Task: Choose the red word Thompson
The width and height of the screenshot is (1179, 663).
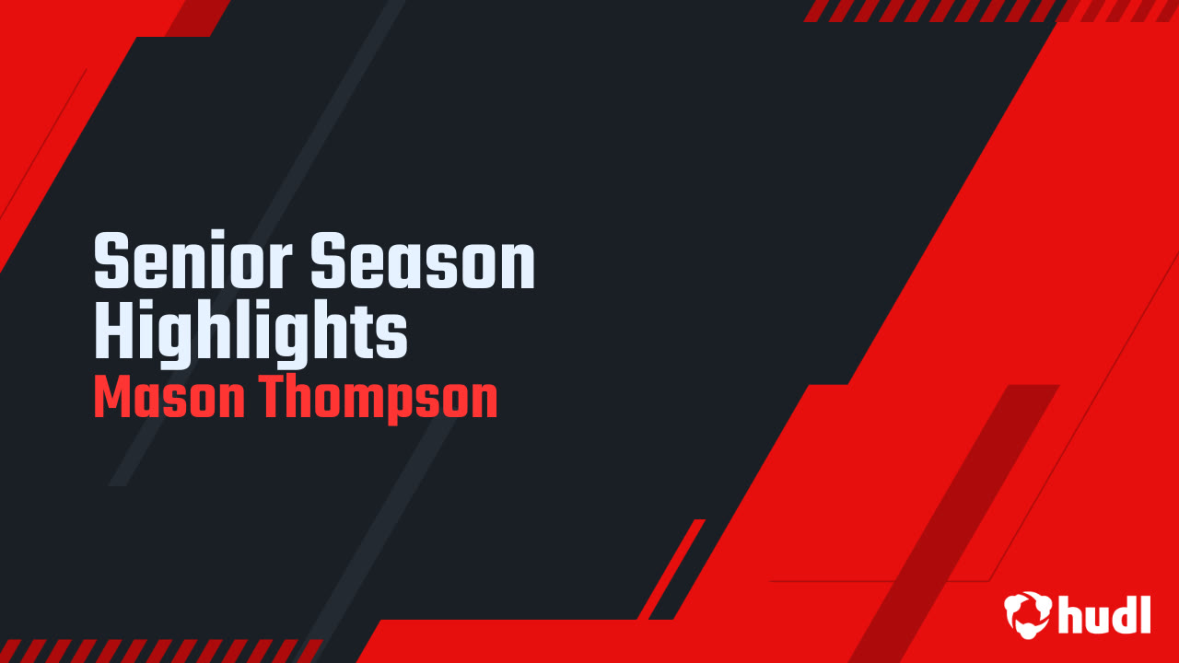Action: [x=378, y=398]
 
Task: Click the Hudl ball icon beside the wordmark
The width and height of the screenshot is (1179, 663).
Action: [x=1029, y=613]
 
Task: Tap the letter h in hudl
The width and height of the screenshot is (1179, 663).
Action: [x=1071, y=613]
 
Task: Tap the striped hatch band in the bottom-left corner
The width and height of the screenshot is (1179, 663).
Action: [x=157, y=649]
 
